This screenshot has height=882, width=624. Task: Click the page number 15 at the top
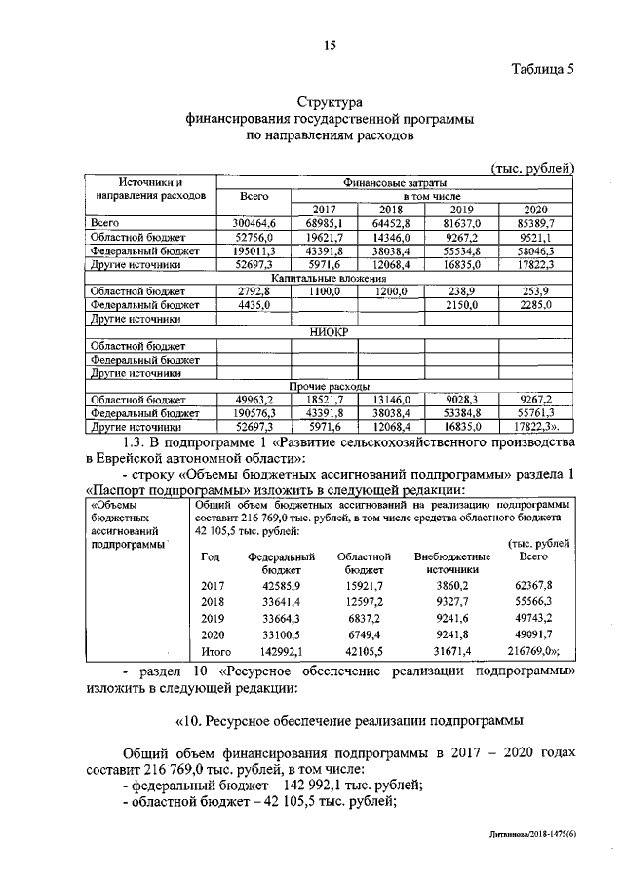(330, 43)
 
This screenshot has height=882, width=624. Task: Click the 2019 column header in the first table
(463, 210)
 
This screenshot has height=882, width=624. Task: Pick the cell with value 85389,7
(536, 223)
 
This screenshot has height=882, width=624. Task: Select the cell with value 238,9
(463, 291)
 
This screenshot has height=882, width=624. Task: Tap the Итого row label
(215, 651)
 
